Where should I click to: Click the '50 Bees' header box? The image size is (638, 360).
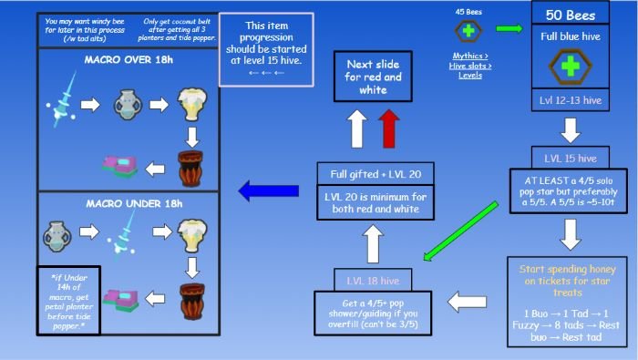(x=570, y=15)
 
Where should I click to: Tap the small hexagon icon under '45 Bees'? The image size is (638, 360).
(x=468, y=30)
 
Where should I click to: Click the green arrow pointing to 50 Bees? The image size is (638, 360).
(x=509, y=29)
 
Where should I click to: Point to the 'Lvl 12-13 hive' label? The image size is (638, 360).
(x=570, y=99)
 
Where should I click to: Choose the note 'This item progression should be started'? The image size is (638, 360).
(x=266, y=48)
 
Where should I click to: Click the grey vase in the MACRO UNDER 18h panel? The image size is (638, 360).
(x=65, y=237)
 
